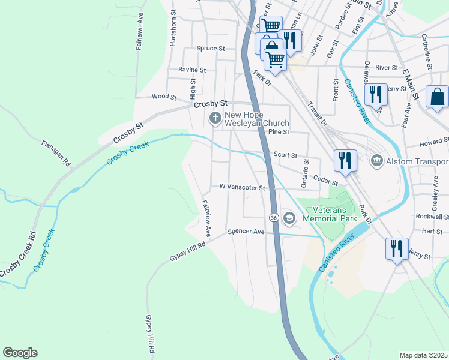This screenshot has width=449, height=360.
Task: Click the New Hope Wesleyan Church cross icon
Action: point(215,118)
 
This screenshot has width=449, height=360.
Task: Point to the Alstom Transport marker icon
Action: point(376,161)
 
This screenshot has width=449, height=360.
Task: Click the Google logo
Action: point(20,353)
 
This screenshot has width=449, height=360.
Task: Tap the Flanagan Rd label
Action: point(56,153)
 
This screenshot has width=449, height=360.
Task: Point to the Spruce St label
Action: point(210,48)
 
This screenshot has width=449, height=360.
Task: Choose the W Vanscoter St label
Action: point(242,187)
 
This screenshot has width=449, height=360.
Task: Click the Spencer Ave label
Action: point(246,232)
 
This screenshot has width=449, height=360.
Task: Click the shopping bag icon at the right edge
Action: point(438,96)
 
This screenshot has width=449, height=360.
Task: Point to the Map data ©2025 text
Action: point(423,355)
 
